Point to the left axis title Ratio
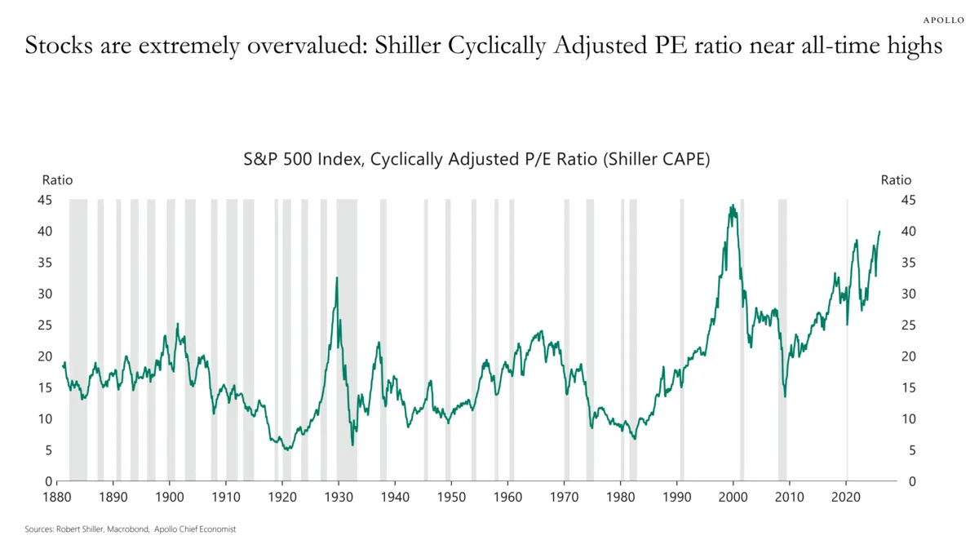pos(57,180)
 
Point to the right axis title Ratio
pos(896,180)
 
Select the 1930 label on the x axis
pos(339,495)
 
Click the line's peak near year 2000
pos(733,206)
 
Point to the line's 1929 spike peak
pos(336,278)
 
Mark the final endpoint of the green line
pos(879,232)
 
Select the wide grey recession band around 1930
pos(347,343)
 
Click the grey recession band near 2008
pos(782,343)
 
